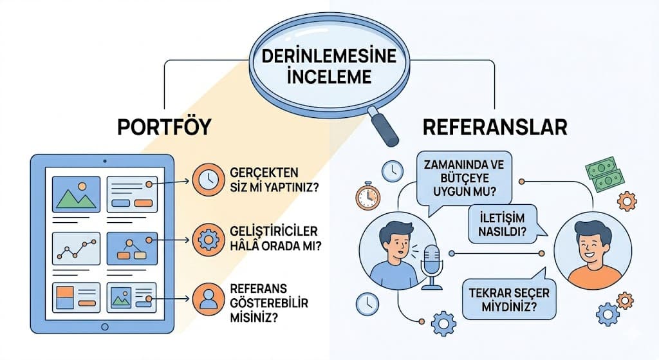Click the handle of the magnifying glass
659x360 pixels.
384,128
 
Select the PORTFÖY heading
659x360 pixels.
164,126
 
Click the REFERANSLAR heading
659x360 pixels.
495,126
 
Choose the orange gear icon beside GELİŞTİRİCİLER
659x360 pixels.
207,240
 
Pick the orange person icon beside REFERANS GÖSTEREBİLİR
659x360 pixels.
207,298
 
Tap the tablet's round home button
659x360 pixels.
104,327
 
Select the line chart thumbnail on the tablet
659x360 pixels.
76,247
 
